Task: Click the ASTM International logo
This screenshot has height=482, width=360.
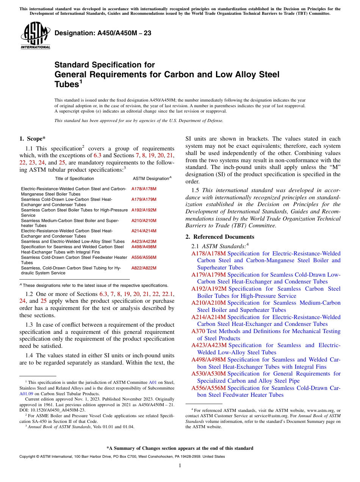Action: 35,36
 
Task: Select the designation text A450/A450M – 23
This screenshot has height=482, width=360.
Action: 103,33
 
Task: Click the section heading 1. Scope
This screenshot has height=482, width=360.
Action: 33,139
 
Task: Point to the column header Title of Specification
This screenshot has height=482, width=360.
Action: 74,178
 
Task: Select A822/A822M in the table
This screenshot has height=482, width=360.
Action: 144,268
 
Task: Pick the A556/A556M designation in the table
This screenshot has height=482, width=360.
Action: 144,257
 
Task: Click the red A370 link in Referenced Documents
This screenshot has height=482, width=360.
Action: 198,331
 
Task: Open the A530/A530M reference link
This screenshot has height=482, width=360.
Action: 208,374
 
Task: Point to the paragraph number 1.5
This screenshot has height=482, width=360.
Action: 197,190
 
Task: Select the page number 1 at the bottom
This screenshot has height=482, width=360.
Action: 180,466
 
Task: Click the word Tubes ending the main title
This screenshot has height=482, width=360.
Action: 66,84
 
